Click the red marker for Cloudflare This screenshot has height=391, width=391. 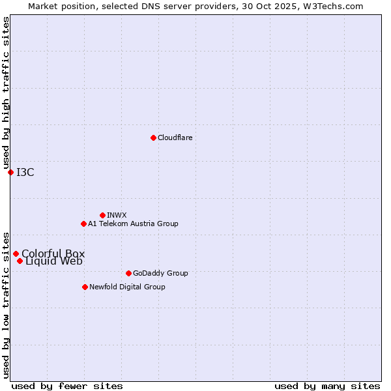click(153, 138)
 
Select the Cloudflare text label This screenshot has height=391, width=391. click(175, 138)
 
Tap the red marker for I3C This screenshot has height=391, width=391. click(10, 172)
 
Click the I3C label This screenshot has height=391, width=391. click(25, 172)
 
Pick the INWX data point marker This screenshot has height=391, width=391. click(102, 215)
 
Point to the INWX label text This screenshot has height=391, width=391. click(117, 215)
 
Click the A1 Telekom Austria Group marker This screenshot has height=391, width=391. click(83, 224)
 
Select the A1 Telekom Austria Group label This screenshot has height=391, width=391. click(133, 224)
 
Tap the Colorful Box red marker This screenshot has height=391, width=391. click(16, 253)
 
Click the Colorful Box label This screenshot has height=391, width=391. click(53, 253)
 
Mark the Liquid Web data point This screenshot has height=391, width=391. click(20, 261)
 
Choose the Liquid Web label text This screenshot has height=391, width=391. click(54, 261)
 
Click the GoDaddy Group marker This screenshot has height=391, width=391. click(128, 273)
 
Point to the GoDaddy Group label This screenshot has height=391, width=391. click(160, 273)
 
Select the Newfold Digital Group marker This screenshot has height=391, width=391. click(85, 287)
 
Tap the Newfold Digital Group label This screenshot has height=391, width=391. click(127, 287)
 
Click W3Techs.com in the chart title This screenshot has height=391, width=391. click(333, 6)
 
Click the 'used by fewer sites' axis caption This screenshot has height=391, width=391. click(67, 386)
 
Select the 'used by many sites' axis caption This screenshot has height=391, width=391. click(327, 386)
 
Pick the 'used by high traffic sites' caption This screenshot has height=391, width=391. click(6, 93)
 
